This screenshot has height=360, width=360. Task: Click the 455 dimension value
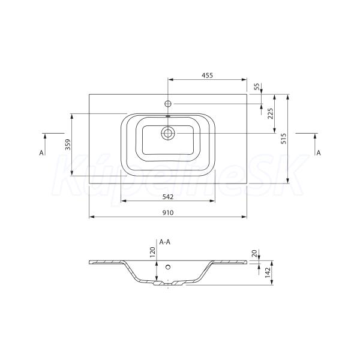tap(208, 76)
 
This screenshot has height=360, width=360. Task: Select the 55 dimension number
tap(257, 86)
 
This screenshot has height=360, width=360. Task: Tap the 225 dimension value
tap(271, 113)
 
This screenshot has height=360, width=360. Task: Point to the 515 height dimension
tap(284, 139)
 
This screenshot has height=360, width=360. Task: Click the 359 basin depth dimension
tap(68, 145)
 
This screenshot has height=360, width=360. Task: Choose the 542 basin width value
tap(168, 197)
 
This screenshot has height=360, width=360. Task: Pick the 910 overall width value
tap(168, 213)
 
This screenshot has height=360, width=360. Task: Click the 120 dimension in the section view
tap(152, 252)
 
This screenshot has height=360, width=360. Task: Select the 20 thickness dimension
tap(254, 253)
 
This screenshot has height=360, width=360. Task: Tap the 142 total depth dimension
tap(268, 272)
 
